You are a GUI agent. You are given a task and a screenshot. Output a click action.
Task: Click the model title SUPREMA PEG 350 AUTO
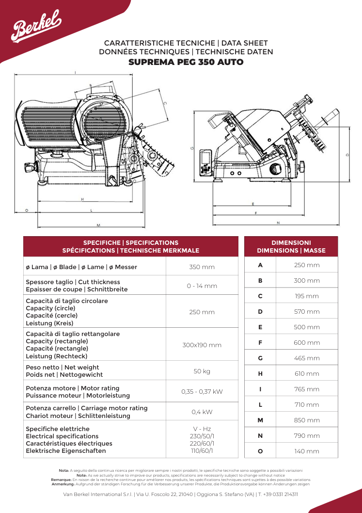click(x=186, y=62)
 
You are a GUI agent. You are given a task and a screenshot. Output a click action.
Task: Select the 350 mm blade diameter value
click(x=202, y=267)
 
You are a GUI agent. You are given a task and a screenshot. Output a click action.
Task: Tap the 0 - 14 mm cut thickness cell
click(x=202, y=286)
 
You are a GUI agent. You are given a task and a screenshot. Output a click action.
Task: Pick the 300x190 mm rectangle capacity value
click(x=202, y=345)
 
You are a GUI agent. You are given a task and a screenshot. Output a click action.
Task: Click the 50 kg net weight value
click(x=202, y=371)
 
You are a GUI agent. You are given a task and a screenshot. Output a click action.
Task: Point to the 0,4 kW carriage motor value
click(x=202, y=412)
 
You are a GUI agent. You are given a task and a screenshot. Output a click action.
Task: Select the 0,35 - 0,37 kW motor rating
click(x=202, y=391)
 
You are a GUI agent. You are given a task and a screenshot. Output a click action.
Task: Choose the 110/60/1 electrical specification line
click(x=202, y=450)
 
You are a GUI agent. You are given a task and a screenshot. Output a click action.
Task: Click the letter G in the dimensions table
click(x=260, y=358)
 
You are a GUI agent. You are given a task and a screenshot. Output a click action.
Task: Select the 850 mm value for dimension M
click(x=307, y=420)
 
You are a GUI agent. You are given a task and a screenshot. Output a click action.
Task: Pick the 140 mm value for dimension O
click(x=307, y=451)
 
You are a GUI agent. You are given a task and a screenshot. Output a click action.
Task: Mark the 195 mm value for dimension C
click(x=307, y=296)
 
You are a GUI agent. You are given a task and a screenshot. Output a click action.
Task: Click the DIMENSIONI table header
click(x=291, y=242)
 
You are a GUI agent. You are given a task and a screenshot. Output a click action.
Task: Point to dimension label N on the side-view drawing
click(x=278, y=223)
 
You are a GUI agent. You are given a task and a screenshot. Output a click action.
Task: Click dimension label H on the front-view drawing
click(x=82, y=199)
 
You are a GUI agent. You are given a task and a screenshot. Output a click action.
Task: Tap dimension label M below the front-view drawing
click(x=98, y=225)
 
